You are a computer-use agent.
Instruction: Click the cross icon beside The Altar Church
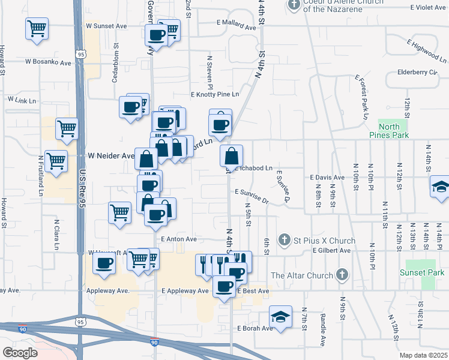(342, 275)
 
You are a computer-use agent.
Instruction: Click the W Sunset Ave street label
(107, 26)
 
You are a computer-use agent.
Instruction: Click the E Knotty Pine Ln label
(214, 95)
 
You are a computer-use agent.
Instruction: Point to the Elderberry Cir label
(417, 73)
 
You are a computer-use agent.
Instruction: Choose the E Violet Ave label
(428, 7)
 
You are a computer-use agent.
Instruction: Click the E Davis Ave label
(327, 178)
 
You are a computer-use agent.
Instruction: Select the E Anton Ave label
(179, 239)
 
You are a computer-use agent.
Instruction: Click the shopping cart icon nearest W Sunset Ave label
(37, 28)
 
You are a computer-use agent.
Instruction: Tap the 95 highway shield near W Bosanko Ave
(80, 54)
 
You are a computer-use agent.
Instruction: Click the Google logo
(19, 352)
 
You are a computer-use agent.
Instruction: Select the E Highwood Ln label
(426, 51)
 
